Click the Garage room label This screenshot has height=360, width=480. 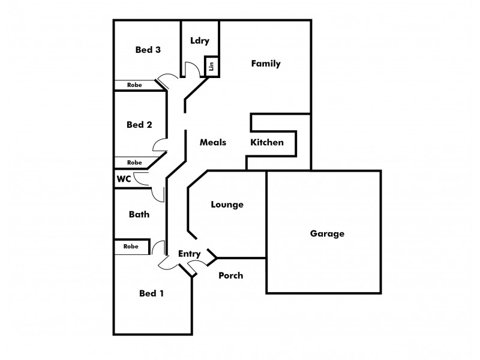327,234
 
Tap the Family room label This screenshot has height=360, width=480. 266,64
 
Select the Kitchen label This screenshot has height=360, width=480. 267,142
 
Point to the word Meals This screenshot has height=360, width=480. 213,142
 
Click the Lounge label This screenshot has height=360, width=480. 227,205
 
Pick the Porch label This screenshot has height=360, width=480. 231,275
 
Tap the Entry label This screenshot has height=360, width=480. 189,254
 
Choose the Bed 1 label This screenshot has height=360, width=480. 151,293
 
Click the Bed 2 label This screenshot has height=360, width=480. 139,125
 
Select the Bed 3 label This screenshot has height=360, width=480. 148,50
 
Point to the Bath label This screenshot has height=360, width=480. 139,214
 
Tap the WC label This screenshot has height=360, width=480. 124,179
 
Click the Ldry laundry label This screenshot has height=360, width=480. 200,41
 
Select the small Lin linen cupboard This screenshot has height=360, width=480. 211,66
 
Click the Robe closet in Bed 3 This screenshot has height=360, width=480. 134,85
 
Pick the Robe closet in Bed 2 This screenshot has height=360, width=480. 134,163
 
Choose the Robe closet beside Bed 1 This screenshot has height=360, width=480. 131,247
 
